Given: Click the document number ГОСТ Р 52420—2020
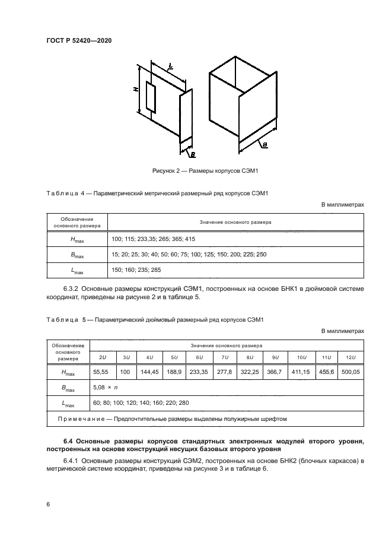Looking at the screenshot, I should (x=79, y=40).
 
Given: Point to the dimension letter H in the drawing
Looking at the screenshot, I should (x=136, y=89).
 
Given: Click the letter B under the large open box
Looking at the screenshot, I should (x=264, y=145).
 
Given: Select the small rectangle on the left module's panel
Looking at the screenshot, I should (x=150, y=98).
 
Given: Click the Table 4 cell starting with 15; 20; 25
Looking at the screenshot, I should (x=189, y=255).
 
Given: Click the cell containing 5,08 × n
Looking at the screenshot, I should (x=106, y=387).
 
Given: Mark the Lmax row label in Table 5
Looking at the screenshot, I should (x=68, y=404).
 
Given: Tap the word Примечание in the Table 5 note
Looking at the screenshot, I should (x=78, y=418).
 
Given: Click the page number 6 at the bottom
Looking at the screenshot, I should (x=47, y=504).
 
